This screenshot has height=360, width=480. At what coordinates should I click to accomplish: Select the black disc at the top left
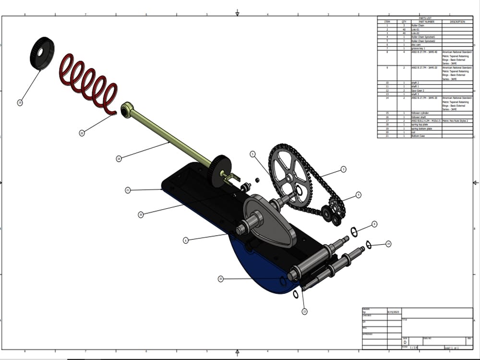(x=42, y=53)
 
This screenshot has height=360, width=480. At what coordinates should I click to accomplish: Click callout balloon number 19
(x=20, y=102)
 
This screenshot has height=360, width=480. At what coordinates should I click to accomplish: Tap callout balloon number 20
(x=82, y=133)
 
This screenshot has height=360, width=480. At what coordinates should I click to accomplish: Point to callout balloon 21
(x=128, y=190)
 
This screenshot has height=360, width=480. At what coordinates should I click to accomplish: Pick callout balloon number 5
(x=252, y=154)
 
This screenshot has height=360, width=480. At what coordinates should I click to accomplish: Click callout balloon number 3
(x=343, y=169)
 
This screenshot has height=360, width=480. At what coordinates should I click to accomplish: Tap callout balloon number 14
(x=388, y=244)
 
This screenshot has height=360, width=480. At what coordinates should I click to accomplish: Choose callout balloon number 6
(x=186, y=240)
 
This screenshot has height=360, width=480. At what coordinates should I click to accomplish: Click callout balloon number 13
(x=304, y=312)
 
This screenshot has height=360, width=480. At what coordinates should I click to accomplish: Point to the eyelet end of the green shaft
(x=126, y=109)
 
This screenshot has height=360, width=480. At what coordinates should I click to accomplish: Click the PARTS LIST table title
(x=425, y=18)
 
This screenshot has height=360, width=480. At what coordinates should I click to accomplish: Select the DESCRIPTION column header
(x=457, y=22)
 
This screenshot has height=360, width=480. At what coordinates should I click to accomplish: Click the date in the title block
(x=393, y=312)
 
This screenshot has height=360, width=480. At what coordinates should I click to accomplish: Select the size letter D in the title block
(x=405, y=342)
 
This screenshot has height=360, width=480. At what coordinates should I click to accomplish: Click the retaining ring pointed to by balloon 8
(x=354, y=232)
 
